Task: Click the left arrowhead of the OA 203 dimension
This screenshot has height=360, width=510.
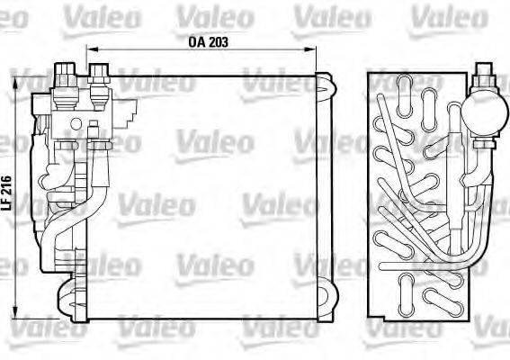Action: pos(91,50)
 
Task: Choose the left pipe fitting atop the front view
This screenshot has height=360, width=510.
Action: pos(66,76)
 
